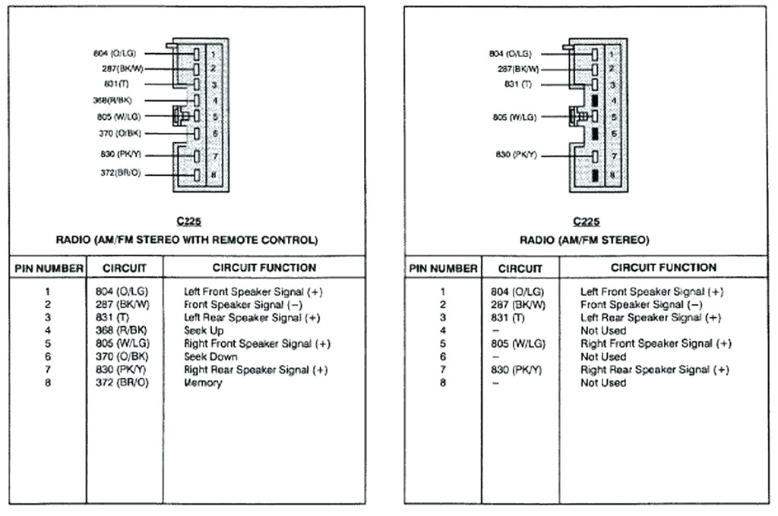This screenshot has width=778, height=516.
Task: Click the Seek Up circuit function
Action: click(x=204, y=331)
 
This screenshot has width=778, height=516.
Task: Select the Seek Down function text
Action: click(x=210, y=357)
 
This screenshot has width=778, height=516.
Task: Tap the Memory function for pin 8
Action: click(x=203, y=383)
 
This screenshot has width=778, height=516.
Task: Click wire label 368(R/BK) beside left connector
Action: click(x=117, y=100)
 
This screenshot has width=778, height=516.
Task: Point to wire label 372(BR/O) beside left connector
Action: click(x=120, y=173)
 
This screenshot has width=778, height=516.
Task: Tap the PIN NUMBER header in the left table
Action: click(x=48, y=269)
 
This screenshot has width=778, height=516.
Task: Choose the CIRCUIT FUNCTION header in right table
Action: click(x=663, y=268)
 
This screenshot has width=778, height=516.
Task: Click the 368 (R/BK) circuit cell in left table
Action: click(x=122, y=331)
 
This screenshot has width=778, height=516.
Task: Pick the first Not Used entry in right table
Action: click(x=603, y=331)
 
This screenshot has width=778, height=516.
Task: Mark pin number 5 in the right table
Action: click(x=442, y=344)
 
